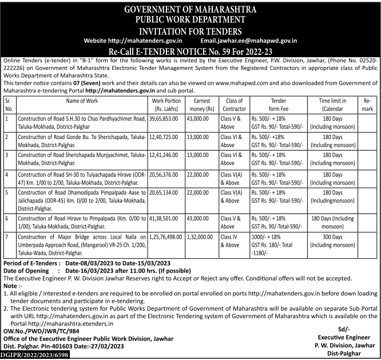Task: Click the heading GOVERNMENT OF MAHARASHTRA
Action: click(x=190, y=9)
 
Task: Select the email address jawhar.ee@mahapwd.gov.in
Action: click(x=257, y=41)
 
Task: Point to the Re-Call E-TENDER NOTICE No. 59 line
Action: click(x=190, y=51)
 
